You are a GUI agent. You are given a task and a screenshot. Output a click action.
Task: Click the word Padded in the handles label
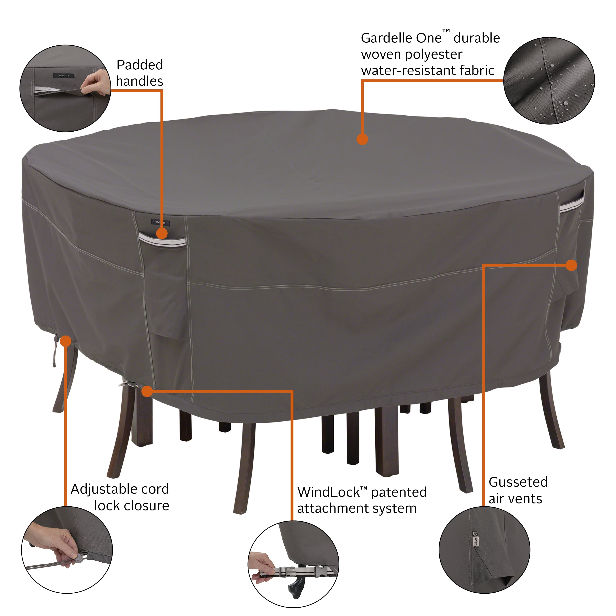point(139,65)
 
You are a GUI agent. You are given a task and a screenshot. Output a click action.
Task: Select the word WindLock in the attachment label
point(328,493)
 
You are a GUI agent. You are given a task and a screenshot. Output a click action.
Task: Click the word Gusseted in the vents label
point(518,482)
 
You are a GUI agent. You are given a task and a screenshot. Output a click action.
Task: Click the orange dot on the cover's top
point(362,139)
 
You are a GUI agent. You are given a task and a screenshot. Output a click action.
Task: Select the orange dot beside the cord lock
point(66,341)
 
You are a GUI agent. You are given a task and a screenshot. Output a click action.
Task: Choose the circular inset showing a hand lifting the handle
point(65,88)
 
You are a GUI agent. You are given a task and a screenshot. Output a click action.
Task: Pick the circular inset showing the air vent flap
point(484,550)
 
